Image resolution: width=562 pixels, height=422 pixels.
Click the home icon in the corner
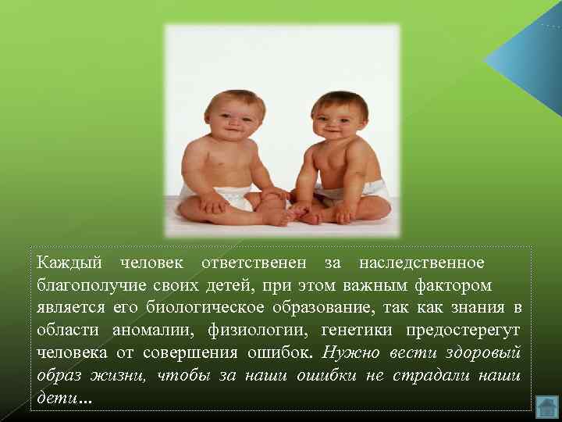pos(547,406)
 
